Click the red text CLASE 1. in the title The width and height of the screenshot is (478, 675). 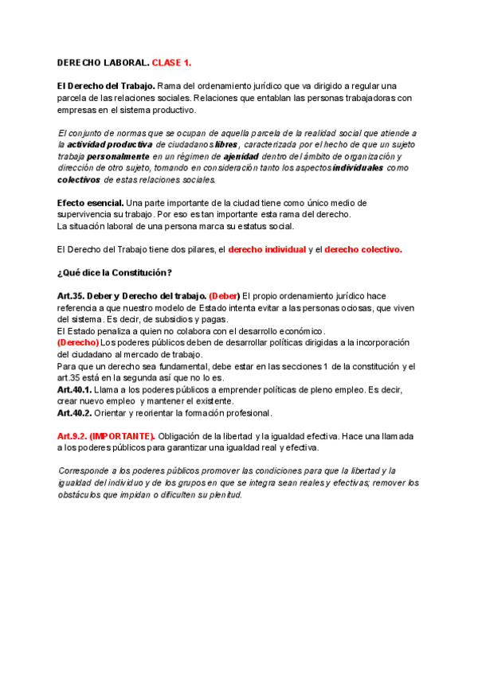171,62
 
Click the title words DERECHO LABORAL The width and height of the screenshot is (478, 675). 103,62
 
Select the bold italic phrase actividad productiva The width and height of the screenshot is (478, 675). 109,145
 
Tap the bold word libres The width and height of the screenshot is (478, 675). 226,145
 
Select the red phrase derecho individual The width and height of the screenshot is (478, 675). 267,249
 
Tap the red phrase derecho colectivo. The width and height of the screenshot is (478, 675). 363,249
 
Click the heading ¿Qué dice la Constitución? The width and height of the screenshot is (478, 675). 115,273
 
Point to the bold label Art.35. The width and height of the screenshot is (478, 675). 71,296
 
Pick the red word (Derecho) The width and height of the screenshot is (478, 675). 78,342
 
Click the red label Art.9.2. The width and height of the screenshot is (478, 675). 71,436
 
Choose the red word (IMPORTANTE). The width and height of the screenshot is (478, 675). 122,436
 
